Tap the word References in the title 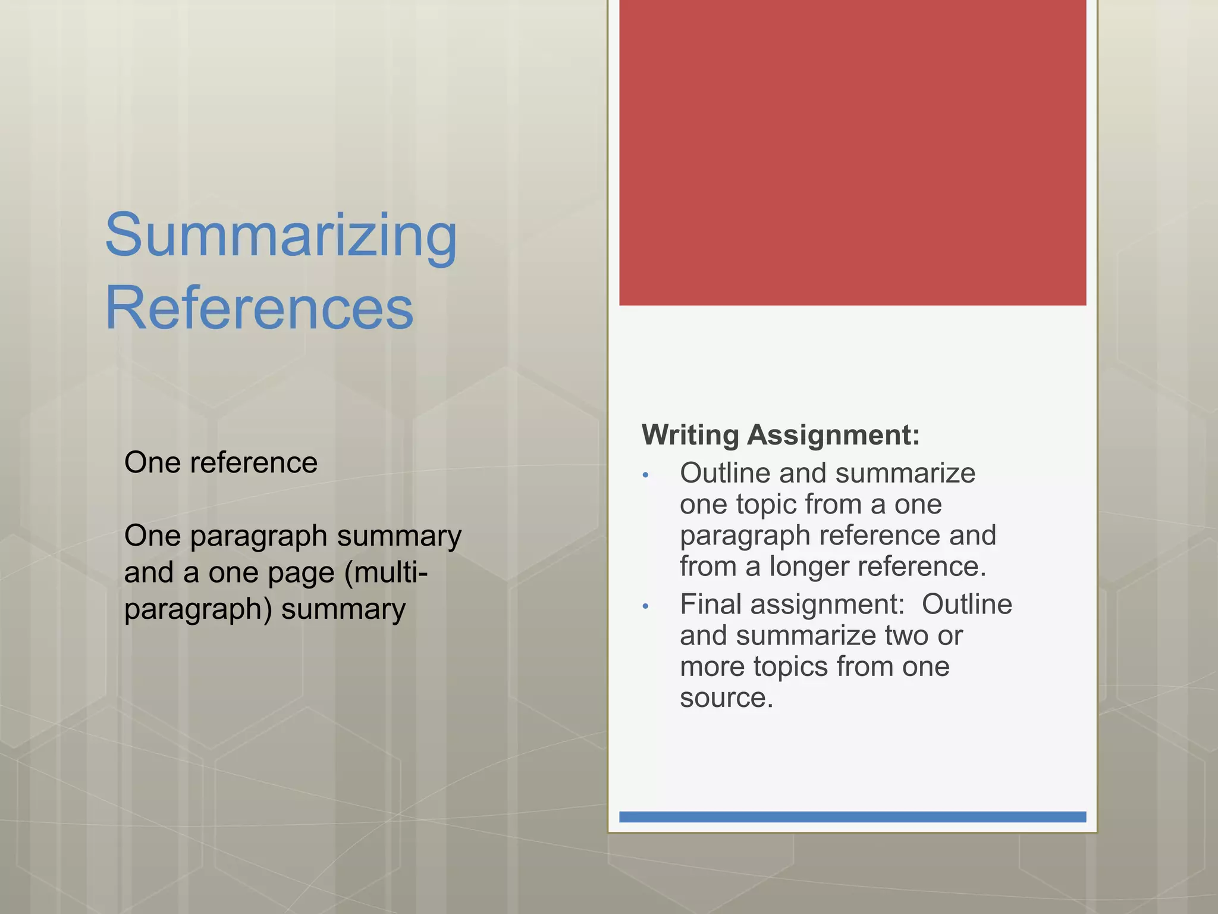tap(259, 308)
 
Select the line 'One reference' tap(221, 462)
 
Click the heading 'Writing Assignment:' tap(780, 435)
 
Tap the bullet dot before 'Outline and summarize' tap(645, 475)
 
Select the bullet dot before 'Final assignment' tap(645, 606)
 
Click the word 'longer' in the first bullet tap(809, 566)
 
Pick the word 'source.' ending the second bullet tap(726, 697)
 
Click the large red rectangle tap(852, 152)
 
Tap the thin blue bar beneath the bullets tap(852, 817)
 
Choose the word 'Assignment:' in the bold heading tap(833, 435)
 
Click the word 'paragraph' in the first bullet tap(745, 536)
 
